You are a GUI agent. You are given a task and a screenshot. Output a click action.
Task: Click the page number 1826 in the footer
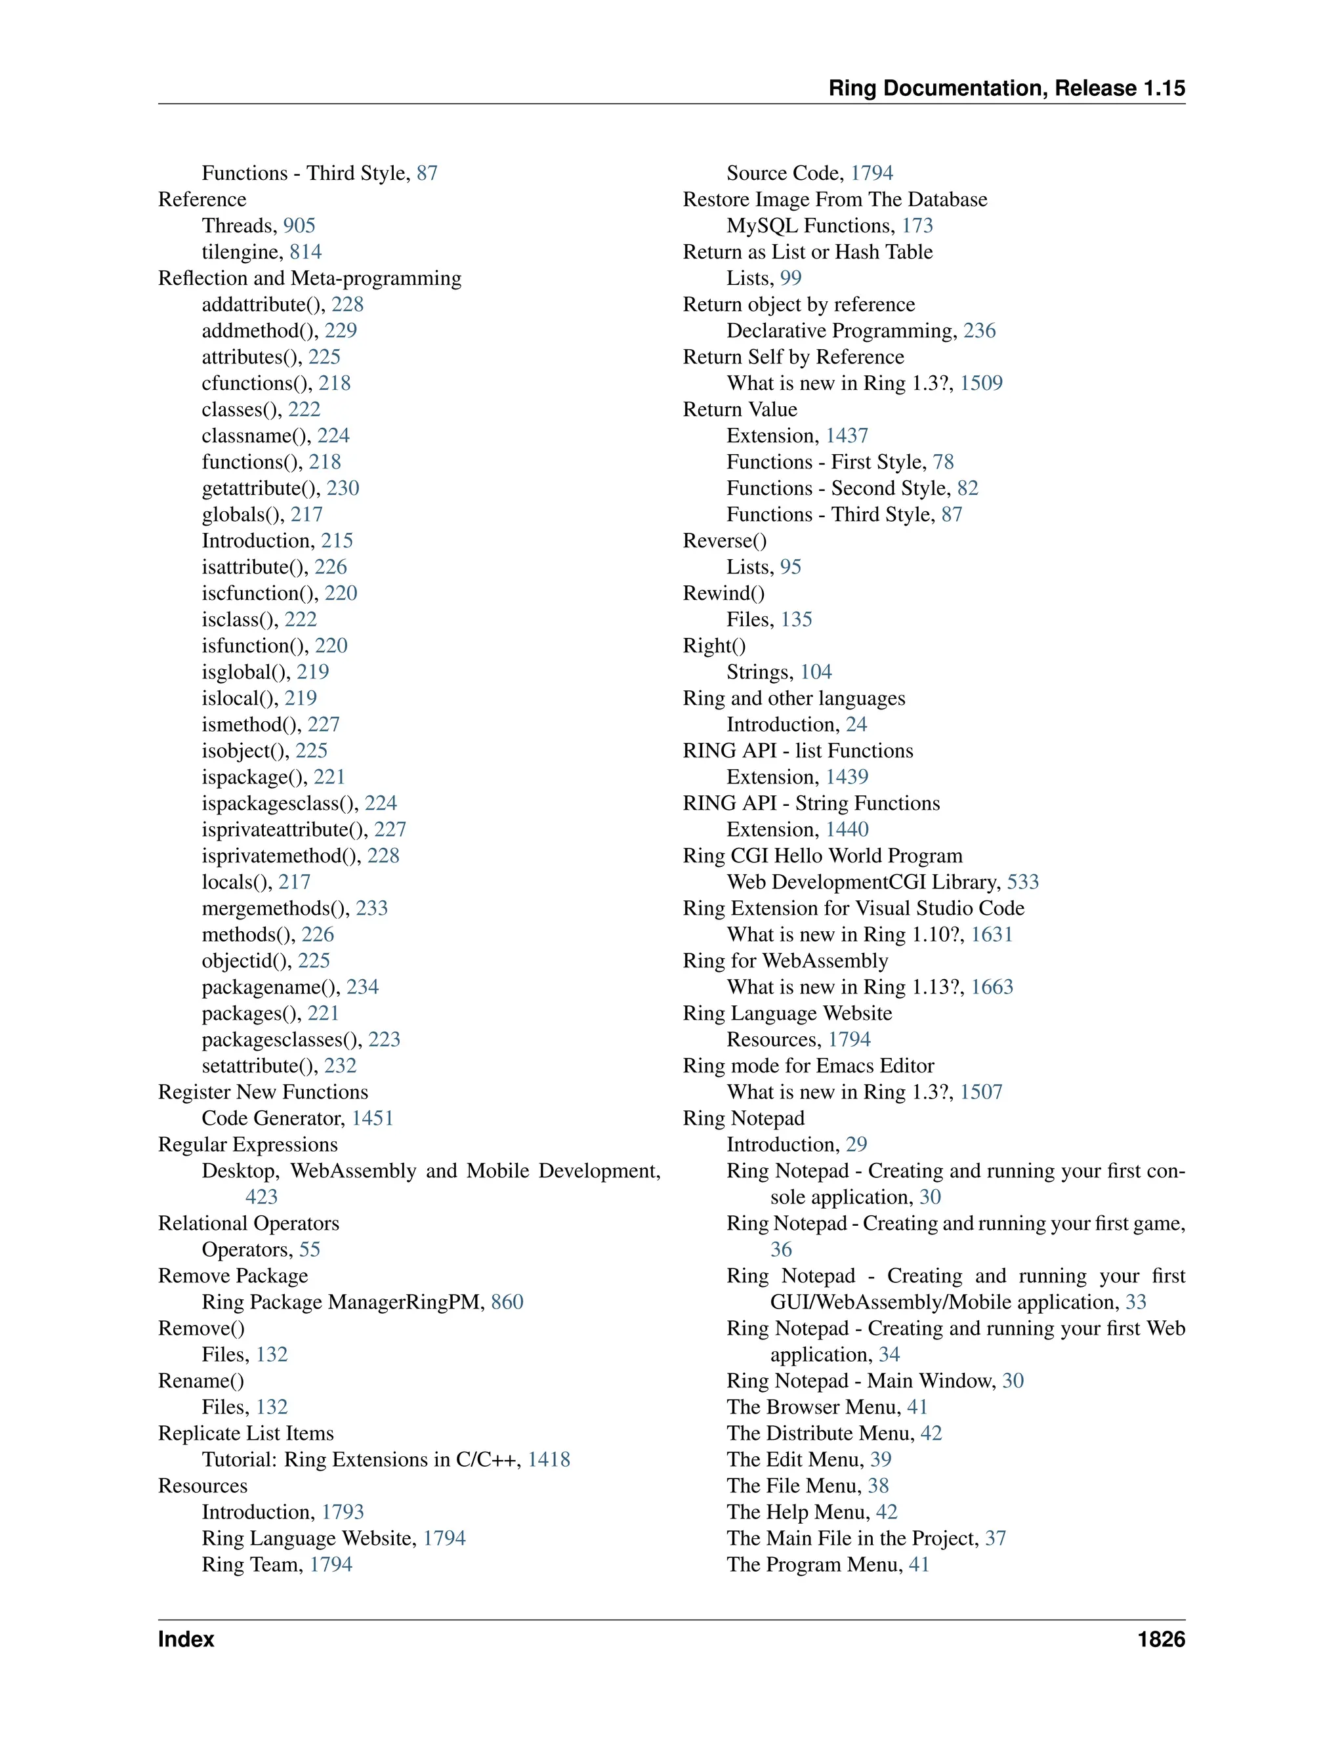[x=1161, y=1639]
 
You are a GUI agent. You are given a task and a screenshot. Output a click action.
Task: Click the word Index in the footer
[x=186, y=1639]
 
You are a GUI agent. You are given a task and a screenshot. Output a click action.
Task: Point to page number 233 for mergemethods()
[x=372, y=908]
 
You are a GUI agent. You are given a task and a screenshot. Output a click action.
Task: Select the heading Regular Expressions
[x=247, y=1144]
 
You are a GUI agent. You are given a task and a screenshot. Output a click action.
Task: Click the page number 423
[x=261, y=1197]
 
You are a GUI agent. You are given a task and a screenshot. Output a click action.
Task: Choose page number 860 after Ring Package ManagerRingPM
[x=507, y=1302]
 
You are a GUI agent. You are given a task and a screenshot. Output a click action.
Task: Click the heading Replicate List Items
[x=246, y=1433]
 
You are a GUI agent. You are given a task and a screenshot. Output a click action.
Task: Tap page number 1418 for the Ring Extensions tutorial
[x=549, y=1459]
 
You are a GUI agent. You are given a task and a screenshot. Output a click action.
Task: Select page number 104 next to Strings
[x=816, y=672]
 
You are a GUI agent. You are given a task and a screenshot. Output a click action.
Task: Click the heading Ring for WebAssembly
[x=785, y=961]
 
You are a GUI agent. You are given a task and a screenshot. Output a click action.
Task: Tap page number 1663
[x=992, y=988]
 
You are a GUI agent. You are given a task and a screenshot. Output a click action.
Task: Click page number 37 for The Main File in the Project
[x=996, y=1538]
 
